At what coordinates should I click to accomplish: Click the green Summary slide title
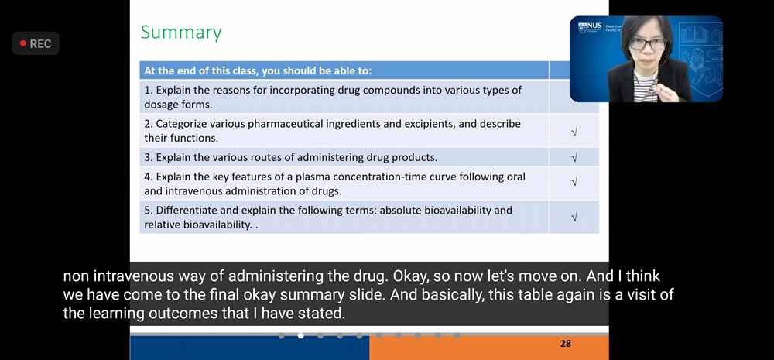[181, 33]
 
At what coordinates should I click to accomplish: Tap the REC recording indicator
[36, 43]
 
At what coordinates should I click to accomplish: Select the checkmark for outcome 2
[574, 132]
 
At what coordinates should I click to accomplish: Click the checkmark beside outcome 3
[574, 157]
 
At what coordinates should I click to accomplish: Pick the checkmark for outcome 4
[574, 182]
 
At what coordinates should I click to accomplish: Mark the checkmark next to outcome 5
[574, 216]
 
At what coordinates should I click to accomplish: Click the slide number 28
[566, 344]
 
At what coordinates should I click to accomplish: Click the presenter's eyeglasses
[647, 44]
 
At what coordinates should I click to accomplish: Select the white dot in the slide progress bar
[300, 336]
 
